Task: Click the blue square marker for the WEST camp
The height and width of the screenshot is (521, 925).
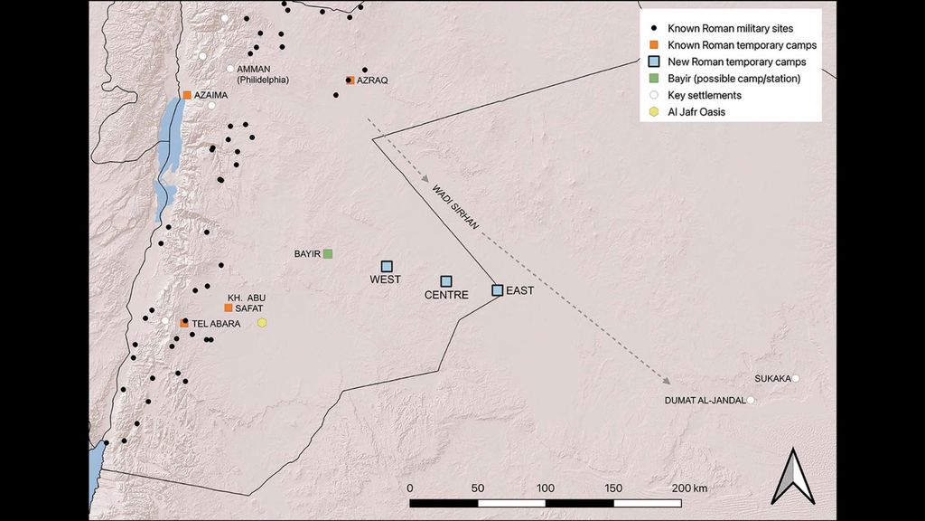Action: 387,266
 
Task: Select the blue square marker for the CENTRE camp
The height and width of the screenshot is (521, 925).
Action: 445,281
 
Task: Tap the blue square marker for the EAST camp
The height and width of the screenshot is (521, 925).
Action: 497,290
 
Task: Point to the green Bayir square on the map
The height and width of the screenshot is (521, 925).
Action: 329,253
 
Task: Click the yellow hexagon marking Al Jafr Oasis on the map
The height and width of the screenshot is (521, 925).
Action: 262,322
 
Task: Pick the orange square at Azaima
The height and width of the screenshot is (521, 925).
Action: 187,95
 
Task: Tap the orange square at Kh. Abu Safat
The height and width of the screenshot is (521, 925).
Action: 229,308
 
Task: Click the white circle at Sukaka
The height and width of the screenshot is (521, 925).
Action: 796,379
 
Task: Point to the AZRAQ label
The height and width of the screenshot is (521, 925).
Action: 372,81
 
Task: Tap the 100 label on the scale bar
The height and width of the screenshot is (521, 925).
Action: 546,488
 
